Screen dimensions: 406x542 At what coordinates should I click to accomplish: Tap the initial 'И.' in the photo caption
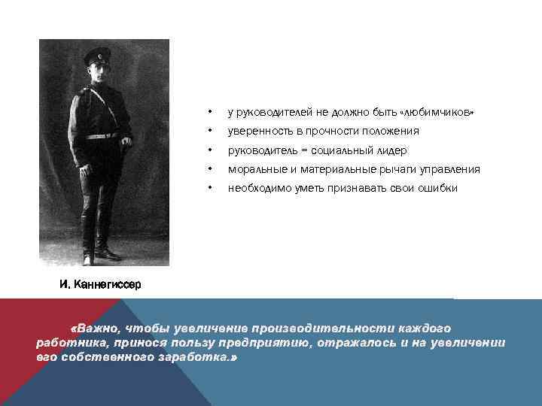pyautogui.click(x=65, y=285)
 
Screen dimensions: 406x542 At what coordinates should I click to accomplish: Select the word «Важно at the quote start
pyautogui.click(x=94, y=329)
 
